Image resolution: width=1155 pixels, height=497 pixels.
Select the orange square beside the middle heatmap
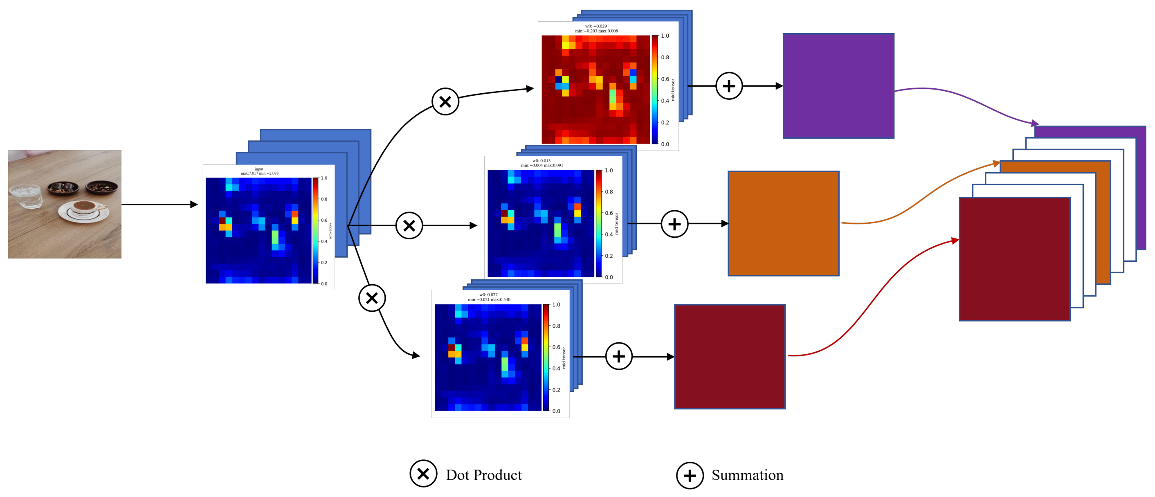[783, 223]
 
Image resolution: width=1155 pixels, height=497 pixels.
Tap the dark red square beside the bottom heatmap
[730, 357]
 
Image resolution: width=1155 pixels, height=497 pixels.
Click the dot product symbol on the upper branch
[445, 102]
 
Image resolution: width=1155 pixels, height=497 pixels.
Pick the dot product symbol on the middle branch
[409, 226]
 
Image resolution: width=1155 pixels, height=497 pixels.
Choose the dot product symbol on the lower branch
[372, 298]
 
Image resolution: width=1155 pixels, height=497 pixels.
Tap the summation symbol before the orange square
[674, 224]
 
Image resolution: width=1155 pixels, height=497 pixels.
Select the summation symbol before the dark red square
[619, 357]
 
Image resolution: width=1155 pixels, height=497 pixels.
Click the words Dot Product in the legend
[483, 475]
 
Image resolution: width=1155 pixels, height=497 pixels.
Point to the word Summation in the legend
[747, 475]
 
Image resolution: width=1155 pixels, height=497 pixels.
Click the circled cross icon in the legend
[423, 474]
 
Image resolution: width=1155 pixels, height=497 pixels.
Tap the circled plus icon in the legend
[690, 475]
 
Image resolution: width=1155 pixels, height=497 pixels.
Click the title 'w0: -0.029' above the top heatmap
[596, 26]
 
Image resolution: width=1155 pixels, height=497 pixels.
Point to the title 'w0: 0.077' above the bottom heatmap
[488, 295]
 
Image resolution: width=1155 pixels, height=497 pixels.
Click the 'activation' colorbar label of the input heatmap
[330, 231]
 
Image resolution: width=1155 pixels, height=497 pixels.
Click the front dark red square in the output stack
[1014, 259]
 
